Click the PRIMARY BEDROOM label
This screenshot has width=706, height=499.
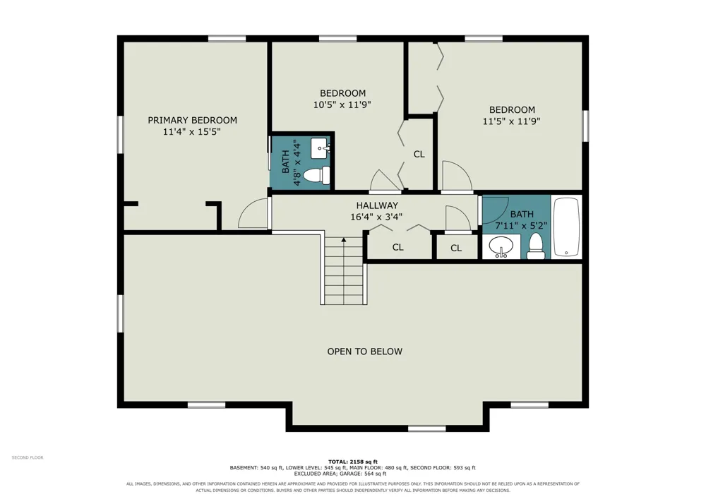(192, 120)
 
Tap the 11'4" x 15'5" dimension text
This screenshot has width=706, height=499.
(192, 132)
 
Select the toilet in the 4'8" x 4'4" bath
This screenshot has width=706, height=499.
(317, 175)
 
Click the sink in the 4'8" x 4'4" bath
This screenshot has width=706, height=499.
(321, 148)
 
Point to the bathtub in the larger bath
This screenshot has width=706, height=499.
(566, 227)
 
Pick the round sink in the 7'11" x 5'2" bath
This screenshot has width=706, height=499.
(501, 246)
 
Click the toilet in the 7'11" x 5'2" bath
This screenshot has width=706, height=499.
(536, 246)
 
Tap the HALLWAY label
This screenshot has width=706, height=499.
(377, 205)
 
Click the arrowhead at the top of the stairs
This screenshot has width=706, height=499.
(344, 240)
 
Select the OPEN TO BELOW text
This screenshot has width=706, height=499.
(365, 351)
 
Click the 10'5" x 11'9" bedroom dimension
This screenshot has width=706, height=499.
(342, 105)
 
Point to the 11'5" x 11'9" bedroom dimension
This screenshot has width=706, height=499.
(511, 121)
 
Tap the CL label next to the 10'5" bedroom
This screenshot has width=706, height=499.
(419, 155)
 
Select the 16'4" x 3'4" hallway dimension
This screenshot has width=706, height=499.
(376, 217)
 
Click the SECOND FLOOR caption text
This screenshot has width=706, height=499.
(28, 457)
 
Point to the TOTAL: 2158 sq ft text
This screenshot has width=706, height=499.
(352, 462)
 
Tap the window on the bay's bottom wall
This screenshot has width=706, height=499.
(426, 429)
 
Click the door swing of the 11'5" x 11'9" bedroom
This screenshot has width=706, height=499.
(457, 176)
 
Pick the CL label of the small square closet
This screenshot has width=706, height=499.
(456, 248)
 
